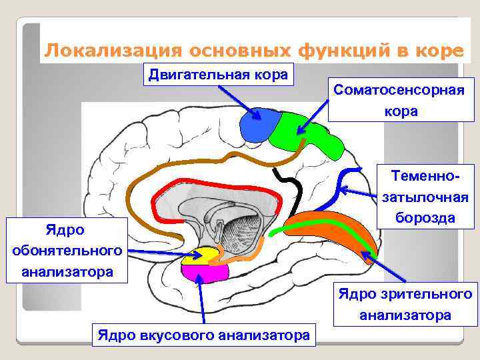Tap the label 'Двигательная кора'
click(x=218, y=74)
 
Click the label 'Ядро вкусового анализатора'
click(x=203, y=334)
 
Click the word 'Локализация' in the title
click(x=113, y=50)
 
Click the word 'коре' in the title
click(x=433, y=50)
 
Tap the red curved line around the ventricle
click(x=200, y=183)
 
